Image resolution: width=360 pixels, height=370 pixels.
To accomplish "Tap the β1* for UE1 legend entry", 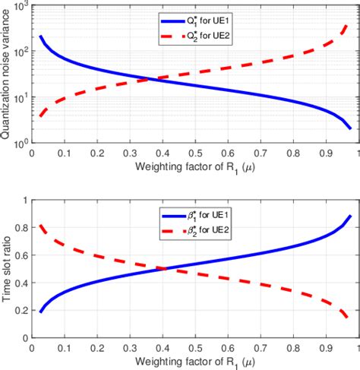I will click(x=225, y=217).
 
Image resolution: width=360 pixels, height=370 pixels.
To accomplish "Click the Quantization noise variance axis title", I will click(x=8, y=74).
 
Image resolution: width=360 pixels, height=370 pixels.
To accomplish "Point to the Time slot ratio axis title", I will click(x=8, y=269).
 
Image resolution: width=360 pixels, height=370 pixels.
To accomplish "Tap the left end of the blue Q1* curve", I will click(x=40, y=36).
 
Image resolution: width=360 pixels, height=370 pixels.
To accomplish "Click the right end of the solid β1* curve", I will click(x=350, y=216).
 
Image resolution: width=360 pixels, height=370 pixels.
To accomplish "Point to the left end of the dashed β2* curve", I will click(x=40, y=225).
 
